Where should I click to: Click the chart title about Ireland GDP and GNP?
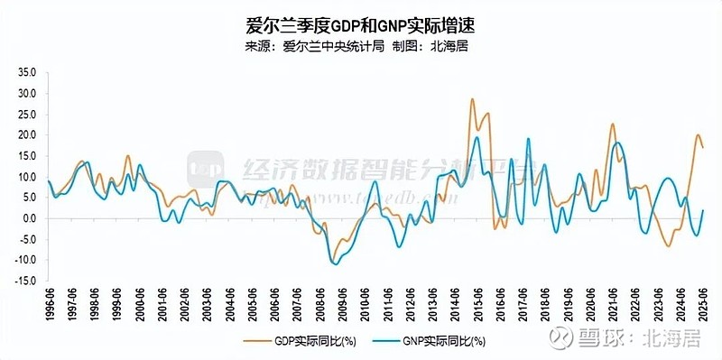pos(360,25)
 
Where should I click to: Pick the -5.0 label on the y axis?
pos(26,239)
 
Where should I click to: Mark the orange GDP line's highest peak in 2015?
pos(472,99)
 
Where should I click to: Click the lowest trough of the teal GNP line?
pos(336,263)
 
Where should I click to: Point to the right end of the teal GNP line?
pos(702,210)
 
